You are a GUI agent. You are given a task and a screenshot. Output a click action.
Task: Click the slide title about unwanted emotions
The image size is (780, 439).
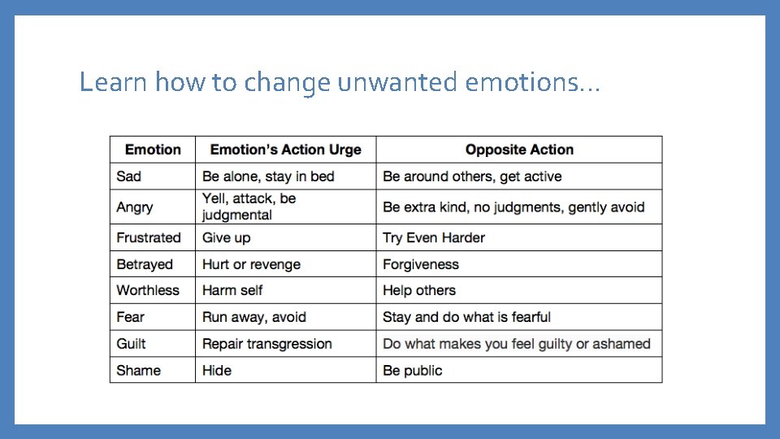tap(340, 83)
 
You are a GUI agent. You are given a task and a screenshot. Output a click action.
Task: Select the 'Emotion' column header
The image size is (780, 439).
tap(153, 150)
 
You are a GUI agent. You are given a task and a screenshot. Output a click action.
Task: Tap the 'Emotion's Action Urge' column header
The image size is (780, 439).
tap(285, 150)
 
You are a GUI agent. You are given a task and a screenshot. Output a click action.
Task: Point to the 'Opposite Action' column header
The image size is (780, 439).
tap(519, 150)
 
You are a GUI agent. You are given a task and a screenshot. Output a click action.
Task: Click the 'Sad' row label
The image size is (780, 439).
tap(128, 176)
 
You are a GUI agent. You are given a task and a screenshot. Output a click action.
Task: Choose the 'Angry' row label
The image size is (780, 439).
tap(135, 207)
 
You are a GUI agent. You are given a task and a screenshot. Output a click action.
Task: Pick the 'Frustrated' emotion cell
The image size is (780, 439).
tap(149, 237)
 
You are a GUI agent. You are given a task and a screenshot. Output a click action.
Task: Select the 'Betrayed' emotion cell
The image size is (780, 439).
tap(145, 264)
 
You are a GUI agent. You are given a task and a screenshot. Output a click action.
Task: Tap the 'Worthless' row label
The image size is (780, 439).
tap(148, 290)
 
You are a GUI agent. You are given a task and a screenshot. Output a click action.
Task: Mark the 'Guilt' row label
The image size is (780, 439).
tap(132, 344)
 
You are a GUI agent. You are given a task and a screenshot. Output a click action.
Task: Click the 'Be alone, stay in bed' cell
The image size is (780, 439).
tap(268, 176)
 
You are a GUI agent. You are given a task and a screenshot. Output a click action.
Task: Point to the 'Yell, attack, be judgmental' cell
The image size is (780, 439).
tap(249, 206)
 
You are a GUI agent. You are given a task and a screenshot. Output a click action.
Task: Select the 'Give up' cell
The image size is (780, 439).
tap(226, 237)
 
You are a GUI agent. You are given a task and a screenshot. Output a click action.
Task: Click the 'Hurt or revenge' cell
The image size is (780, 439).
tap(251, 264)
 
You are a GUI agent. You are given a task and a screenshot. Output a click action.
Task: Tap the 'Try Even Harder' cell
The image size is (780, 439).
tap(434, 237)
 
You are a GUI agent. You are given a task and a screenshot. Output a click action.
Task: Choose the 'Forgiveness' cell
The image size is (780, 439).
tap(421, 264)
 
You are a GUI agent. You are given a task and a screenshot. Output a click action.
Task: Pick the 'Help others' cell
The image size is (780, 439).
tap(419, 290)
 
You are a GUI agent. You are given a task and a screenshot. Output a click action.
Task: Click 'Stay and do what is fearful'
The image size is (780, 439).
tap(466, 317)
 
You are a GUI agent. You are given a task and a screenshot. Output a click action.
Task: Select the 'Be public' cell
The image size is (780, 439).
tap(413, 371)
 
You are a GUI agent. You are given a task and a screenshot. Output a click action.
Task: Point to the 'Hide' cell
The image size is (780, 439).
tap(217, 371)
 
